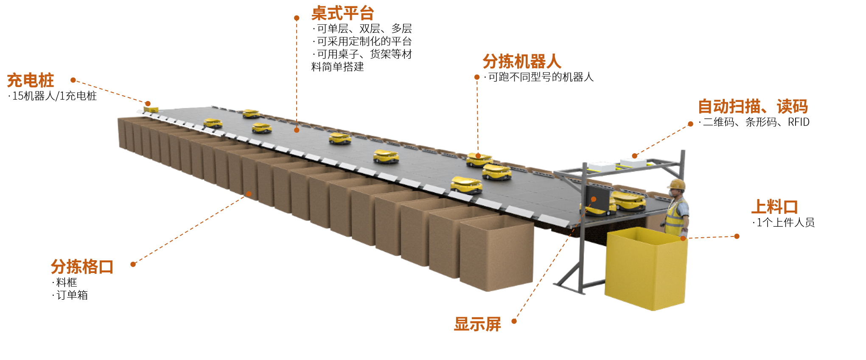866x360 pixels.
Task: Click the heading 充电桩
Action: click(31, 80)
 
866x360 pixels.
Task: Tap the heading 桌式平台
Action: click(342, 13)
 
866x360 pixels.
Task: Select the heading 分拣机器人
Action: click(522, 62)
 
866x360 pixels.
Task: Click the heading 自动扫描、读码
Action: click(753, 107)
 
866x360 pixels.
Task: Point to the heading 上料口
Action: click(774, 207)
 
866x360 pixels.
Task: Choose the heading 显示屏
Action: click(477, 324)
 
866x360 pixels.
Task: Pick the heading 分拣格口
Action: click(82, 267)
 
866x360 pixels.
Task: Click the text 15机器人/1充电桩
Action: click(54, 96)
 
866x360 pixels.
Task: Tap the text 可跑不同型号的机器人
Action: click(541, 77)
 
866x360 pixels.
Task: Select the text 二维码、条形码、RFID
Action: click(756, 122)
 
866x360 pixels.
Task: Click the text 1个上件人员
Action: click(785, 222)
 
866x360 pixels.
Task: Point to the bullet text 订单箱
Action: click(72, 295)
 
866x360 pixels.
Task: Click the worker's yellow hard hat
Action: click(677, 184)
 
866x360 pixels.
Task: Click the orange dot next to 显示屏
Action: click(514, 321)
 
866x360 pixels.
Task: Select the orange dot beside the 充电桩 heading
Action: click(73, 80)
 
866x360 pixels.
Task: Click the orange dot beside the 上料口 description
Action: click(737, 236)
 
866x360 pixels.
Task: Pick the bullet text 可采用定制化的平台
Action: click(364, 42)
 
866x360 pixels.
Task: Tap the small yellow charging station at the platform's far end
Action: click(151, 110)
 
